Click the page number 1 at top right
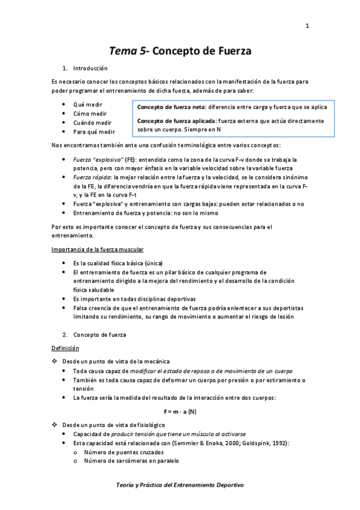[307, 25]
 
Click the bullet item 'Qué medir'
[88, 104]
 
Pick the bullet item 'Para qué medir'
[94, 131]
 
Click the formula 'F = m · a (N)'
[180, 411]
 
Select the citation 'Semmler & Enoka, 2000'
[203, 443]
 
